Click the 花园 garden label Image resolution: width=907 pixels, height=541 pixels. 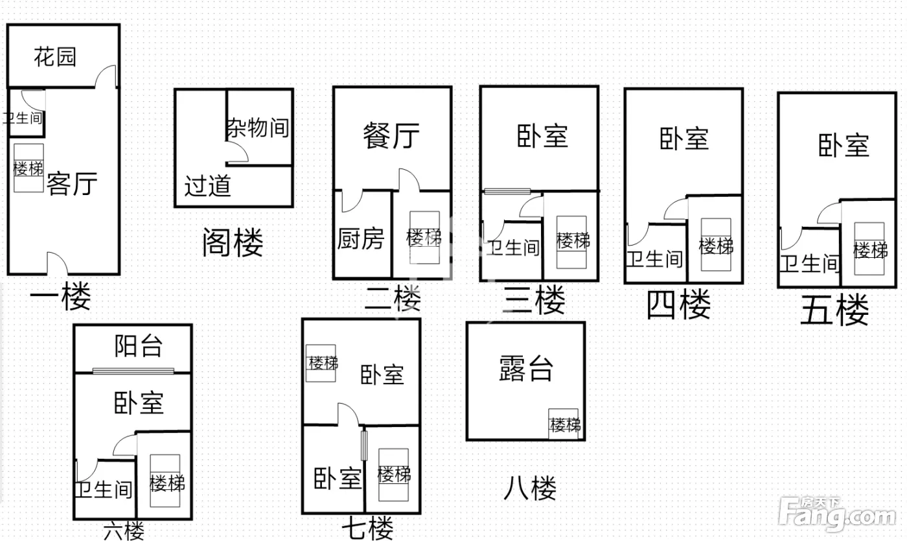click(x=55, y=57)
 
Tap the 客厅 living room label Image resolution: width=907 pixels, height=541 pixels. click(x=72, y=184)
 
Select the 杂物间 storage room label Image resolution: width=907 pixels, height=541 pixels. click(x=257, y=127)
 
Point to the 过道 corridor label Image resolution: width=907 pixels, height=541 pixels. click(x=207, y=187)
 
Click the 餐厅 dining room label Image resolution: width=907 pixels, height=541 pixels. click(x=391, y=136)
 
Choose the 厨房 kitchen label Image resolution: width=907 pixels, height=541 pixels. click(x=361, y=239)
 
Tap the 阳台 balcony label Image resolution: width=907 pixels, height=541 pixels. click(x=139, y=346)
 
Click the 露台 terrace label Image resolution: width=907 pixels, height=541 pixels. click(x=526, y=369)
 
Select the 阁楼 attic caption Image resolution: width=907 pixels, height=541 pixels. click(x=233, y=244)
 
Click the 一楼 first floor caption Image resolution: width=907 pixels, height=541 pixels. click(x=61, y=297)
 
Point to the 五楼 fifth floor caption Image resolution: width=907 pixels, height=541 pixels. click(x=834, y=311)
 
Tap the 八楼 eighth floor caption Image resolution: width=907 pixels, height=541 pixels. click(x=530, y=488)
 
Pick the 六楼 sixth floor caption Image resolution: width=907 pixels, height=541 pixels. click(x=124, y=531)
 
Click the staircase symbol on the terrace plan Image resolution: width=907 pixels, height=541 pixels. click(x=565, y=424)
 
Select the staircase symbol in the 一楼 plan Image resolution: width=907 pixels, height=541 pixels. click(x=29, y=168)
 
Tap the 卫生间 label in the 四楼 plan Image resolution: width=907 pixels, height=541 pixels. click(x=654, y=259)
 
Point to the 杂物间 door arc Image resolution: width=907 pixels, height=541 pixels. click(x=237, y=153)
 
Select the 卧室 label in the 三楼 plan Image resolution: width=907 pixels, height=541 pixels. click(x=542, y=136)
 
